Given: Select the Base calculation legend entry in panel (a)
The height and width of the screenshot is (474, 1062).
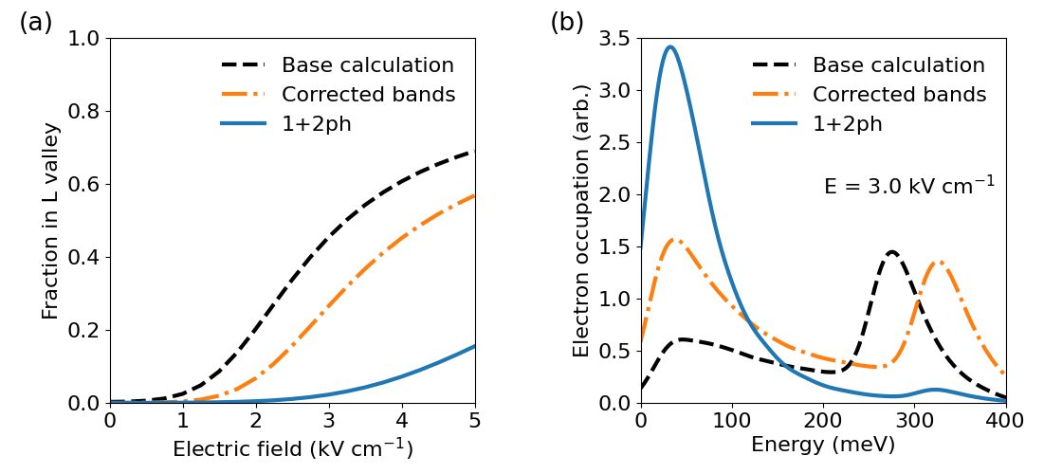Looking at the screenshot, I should tap(367, 65).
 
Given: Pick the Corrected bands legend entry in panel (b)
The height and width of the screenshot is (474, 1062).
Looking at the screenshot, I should tap(899, 95).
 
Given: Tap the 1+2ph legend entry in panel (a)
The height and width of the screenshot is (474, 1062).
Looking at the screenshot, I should tap(316, 123).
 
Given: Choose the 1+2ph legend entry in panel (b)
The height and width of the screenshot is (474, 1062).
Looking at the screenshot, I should tap(847, 123).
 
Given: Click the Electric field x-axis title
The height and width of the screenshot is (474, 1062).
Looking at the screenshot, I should tap(292, 447).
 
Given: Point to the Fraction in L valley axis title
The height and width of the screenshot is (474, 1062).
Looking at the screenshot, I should tap(50, 220).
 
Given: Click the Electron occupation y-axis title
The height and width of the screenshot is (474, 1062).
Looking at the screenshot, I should tap(581, 220).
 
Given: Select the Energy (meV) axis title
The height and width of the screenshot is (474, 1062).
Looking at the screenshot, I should tap(823, 445).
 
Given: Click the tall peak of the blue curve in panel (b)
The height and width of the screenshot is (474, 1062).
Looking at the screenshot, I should tap(670, 46).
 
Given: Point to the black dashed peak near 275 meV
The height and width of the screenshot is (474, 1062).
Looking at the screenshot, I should tap(891, 252).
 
